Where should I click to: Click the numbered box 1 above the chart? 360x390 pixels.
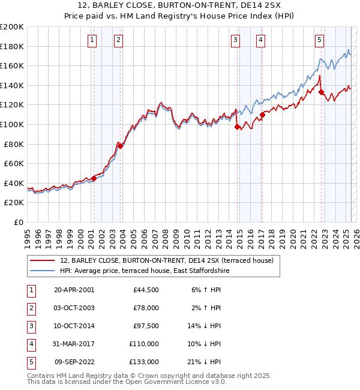pos(92,40)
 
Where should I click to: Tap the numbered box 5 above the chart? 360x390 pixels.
pos(319,40)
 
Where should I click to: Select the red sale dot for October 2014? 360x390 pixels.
pos(237,127)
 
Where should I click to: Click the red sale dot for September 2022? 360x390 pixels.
pos(321,92)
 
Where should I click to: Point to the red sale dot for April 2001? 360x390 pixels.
pos(94,178)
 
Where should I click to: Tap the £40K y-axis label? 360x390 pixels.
pos(14,183)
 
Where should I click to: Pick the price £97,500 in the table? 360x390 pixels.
pos(144,326)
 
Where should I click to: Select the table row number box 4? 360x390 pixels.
pos(31,344)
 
